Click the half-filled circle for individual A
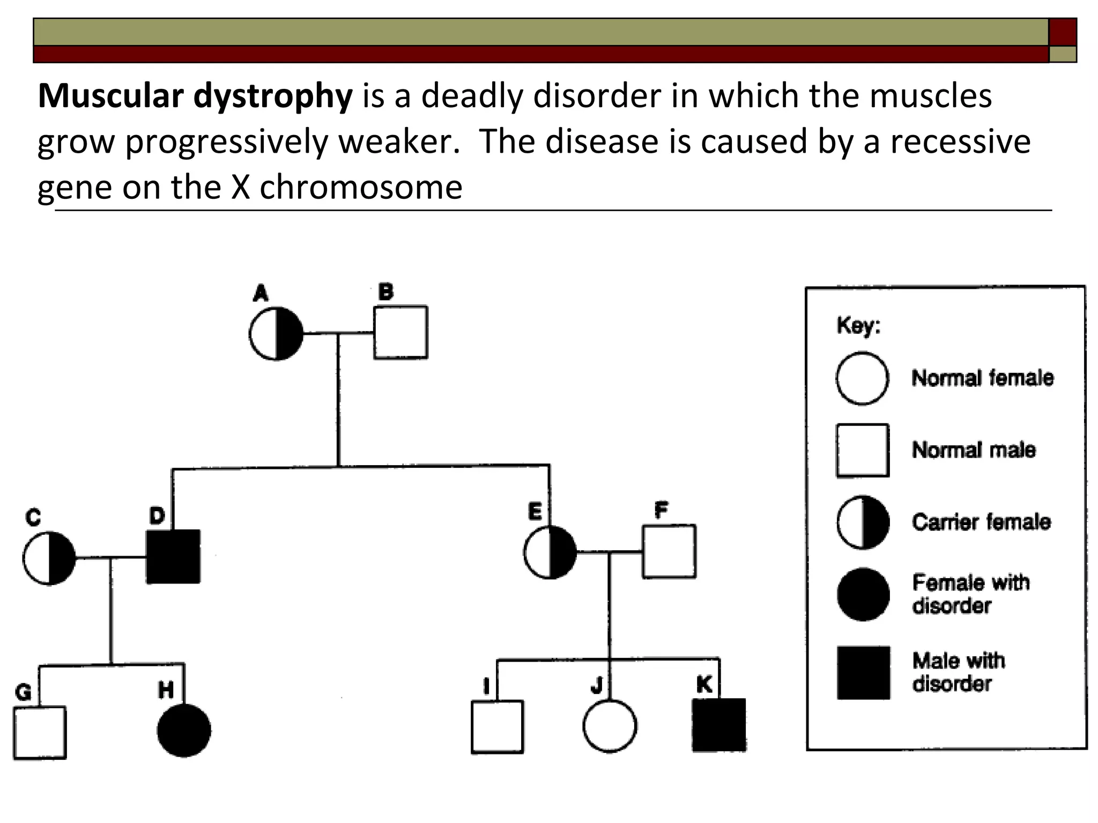point(276,333)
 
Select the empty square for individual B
point(400,332)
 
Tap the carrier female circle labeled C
point(49,558)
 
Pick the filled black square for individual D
point(173,557)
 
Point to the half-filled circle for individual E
point(550,552)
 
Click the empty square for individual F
point(669,551)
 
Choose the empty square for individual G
point(40,733)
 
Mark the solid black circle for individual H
point(184,730)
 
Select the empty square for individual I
point(497,727)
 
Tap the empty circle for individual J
point(610,726)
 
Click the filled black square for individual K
point(719,725)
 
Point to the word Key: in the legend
point(858,326)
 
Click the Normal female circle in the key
point(862,378)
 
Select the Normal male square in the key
point(863,451)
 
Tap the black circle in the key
point(863,595)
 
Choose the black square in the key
point(863,673)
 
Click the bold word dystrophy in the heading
point(273,96)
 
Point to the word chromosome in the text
point(361,188)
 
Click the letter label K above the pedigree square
point(704,684)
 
